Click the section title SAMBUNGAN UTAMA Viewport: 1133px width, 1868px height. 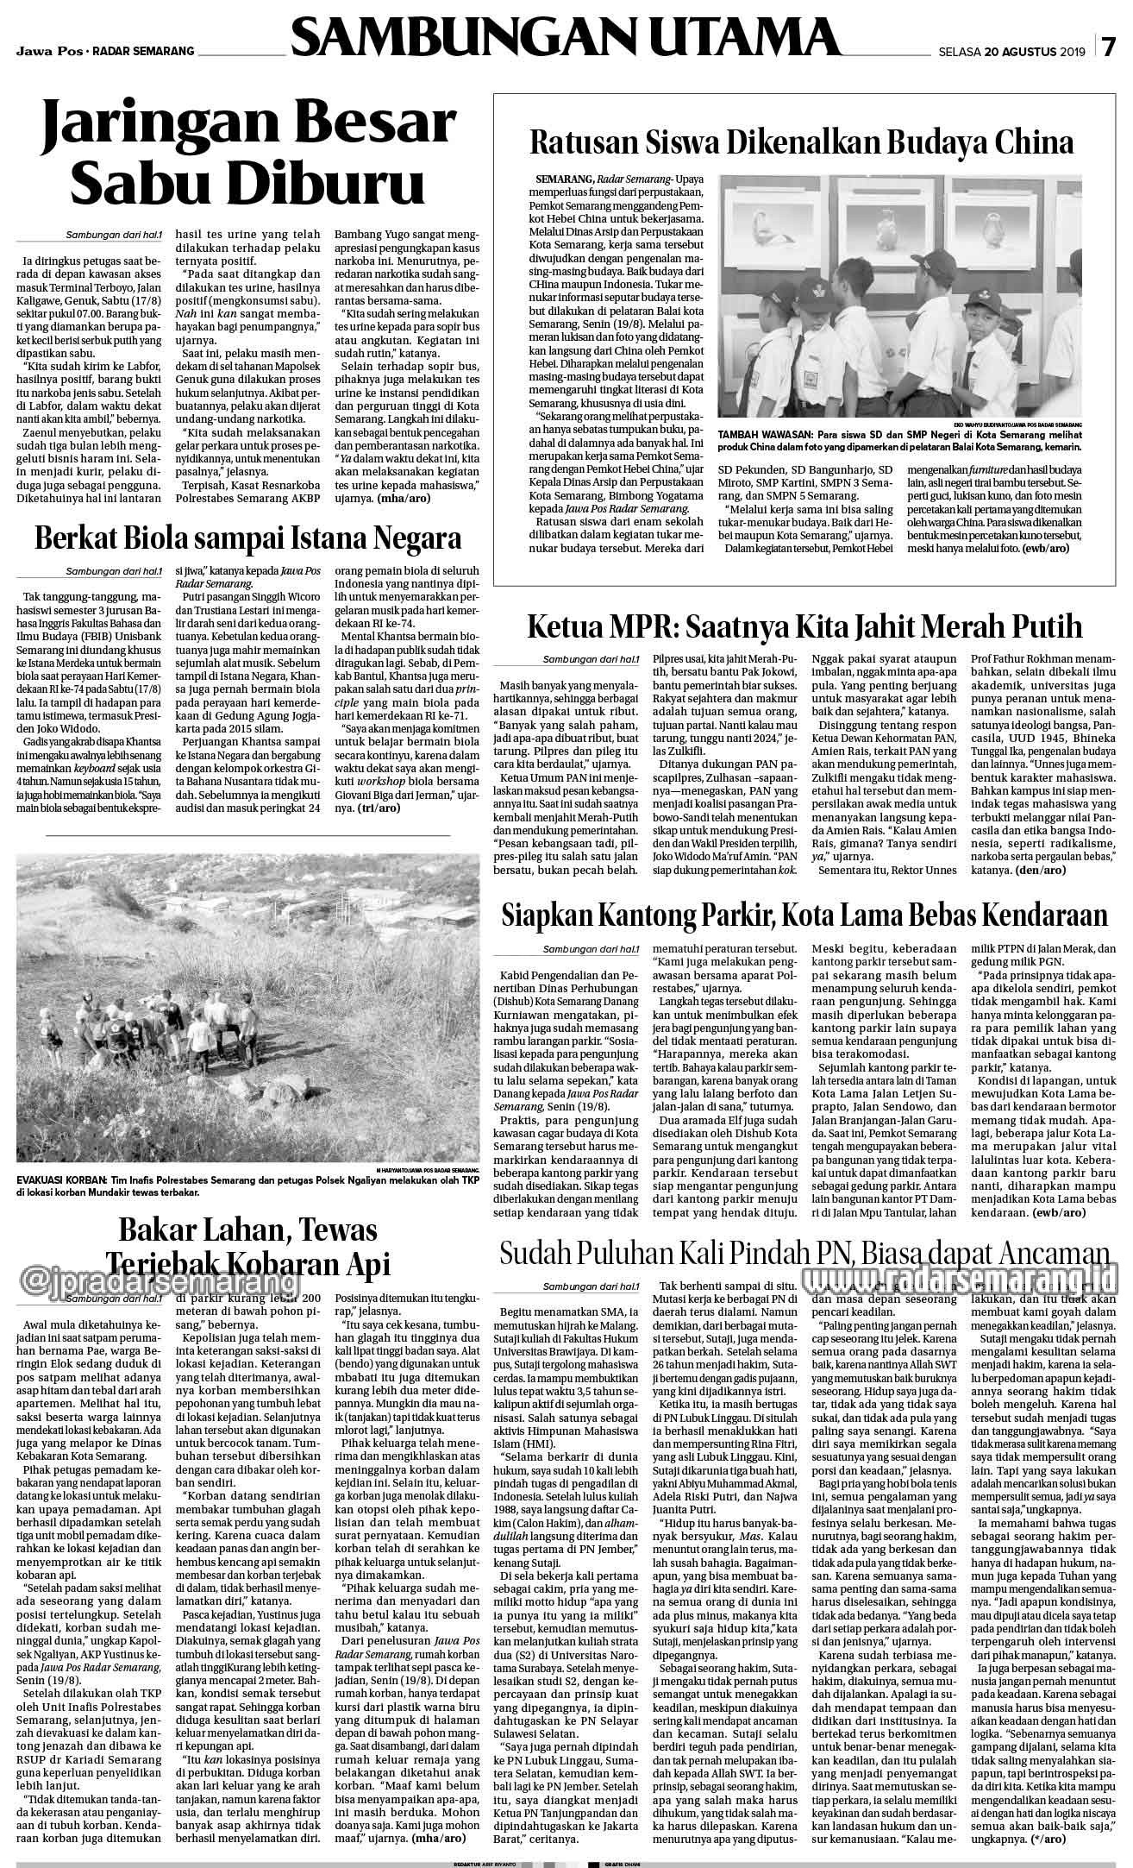pyautogui.click(x=566, y=39)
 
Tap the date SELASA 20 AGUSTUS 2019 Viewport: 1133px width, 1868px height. pyautogui.click(x=1012, y=51)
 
